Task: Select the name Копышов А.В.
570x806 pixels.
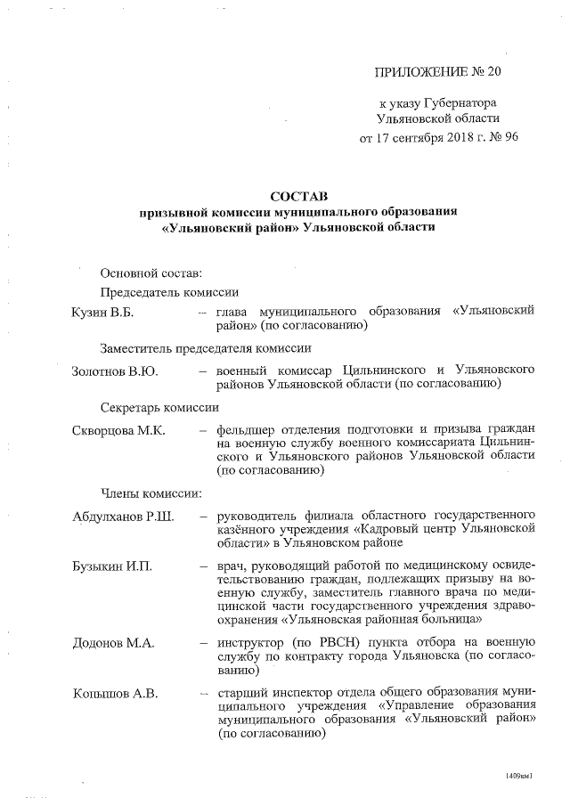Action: click(114, 694)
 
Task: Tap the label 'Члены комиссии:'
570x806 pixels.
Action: click(150, 493)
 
